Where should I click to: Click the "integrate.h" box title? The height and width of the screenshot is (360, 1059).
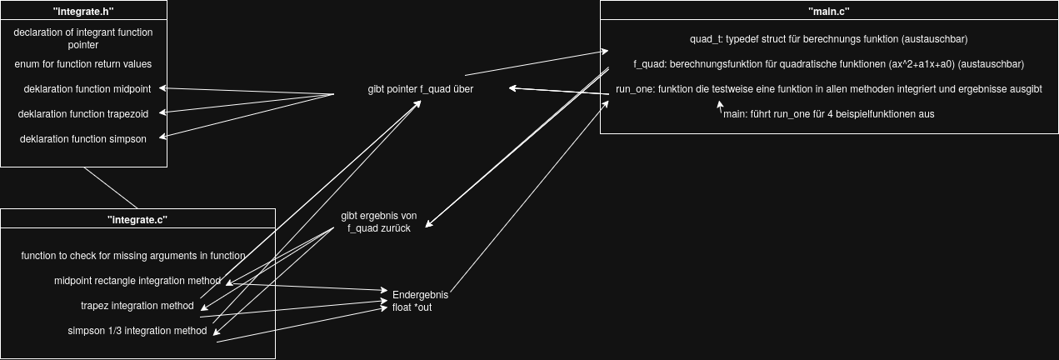pyautogui.click(x=83, y=12)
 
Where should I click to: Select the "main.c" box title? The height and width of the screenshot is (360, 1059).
pyautogui.click(x=829, y=12)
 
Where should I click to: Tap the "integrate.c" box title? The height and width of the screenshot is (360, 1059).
pyautogui.click(x=137, y=220)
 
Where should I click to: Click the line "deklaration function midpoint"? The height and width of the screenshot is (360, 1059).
pyautogui.click(x=83, y=88)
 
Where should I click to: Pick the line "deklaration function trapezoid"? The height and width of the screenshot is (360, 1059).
pyautogui.click(x=83, y=113)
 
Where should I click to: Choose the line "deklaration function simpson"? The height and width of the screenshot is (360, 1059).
pyautogui.click(x=83, y=139)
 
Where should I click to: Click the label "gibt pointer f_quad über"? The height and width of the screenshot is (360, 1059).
pyautogui.click(x=421, y=89)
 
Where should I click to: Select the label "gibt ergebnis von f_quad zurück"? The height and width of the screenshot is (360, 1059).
pyautogui.click(x=379, y=222)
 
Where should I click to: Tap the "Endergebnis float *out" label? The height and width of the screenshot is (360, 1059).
pyautogui.click(x=421, y=301)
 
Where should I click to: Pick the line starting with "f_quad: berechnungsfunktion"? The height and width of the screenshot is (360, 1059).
pyautogui.click(x=828, y=64)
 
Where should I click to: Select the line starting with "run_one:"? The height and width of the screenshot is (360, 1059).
pyautogui.click(x=828, y=89)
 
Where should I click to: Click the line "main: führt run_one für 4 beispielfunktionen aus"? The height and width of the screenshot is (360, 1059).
pyautogui.click(x=828, y=114)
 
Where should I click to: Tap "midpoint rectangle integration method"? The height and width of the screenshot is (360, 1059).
pyautogui.click(x=137, y=281)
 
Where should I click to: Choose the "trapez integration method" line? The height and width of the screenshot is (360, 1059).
pyautogui.click(x=137, y=306)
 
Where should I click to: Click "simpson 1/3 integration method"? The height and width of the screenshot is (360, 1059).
pyautogui.click(x=137, y=331)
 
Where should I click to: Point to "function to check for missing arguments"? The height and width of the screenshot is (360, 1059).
pyautogui.click(x=133, y=256)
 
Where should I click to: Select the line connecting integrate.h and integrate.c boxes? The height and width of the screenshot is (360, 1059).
pyautogui.click(x=111, y=187)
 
